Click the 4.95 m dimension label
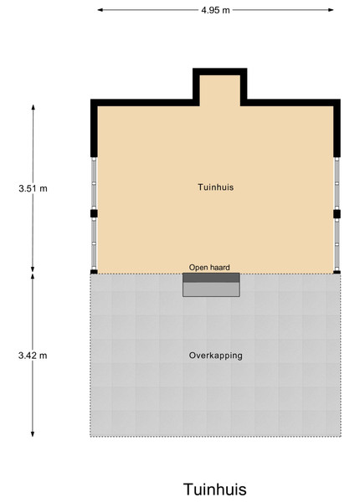point(215,10)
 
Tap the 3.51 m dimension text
point(33,188)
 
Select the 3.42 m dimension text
point(33,356)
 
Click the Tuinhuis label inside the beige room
point(215,187)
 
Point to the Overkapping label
point(215,356)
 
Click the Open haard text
point(209,268)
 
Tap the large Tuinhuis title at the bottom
point(215,489)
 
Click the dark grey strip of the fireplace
point(211,278)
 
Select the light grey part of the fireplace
point(211,289)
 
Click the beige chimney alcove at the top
point(219,90)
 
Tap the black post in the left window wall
point(94,213)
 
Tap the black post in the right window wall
point(337,214)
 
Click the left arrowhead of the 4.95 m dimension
point(100,10)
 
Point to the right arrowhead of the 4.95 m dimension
point(331,10)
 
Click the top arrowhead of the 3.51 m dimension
point(33,107)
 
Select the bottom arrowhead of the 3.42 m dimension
point(33,433)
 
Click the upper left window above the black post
point(94,183)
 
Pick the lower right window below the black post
point(337,244)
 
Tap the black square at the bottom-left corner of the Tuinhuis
point(94,272)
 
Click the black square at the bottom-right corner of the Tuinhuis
point(337,273)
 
